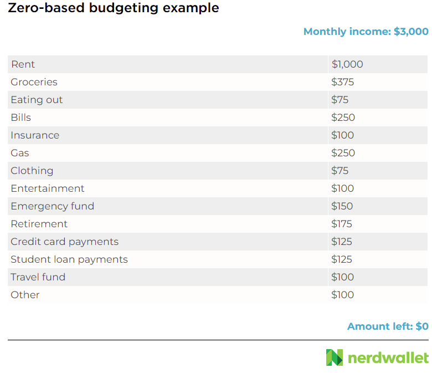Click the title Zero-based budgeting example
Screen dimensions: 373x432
tap(114, 8)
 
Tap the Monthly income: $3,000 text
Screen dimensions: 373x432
tap(366, 32)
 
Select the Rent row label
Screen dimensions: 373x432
tap(23, 64)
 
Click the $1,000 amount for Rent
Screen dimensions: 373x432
tap(347, 64)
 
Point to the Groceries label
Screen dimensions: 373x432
tap(34, 82)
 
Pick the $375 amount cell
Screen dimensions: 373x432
tap(343, 82)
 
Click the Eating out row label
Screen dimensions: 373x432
tap(37, 100)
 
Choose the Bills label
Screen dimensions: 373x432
tap(21, 117)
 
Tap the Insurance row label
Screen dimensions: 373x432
tap(35, 135)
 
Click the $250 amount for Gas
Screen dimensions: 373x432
tap(343, 153)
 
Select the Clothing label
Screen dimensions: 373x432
tap(32, 171)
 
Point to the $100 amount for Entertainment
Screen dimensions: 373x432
tap(343, 188)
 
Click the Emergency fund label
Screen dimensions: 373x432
tap(53, 206)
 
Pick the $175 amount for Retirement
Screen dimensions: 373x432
tap(342, 224)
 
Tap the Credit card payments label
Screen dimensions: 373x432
tap(64, 242)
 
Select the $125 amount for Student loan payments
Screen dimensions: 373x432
tap(342, 259)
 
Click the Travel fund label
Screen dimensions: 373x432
tap(38, 277)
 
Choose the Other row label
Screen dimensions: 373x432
tap(25, 295)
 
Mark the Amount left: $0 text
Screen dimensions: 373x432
tap(388, 326)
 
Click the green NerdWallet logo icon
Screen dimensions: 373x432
tap(335, 357)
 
